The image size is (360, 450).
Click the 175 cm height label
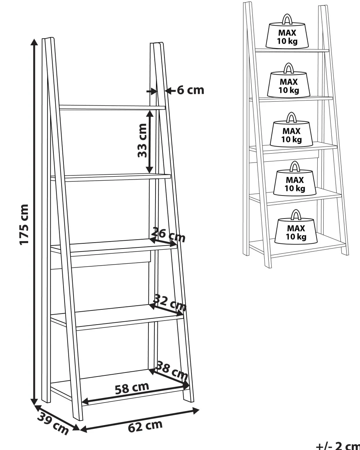tap(23, 224)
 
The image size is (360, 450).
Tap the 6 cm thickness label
tap(190, 91)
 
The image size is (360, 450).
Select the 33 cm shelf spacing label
tap(142, 141)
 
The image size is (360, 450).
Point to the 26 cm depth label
tap(168, 234)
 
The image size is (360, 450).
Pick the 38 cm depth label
tap(172, 370)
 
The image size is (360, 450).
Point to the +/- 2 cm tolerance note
tap(338, 446)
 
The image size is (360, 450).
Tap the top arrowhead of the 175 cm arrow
tap(34, 42)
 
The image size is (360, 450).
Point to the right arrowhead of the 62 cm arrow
tap(195, 411)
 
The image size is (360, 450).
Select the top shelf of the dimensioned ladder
tap(112, 108)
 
